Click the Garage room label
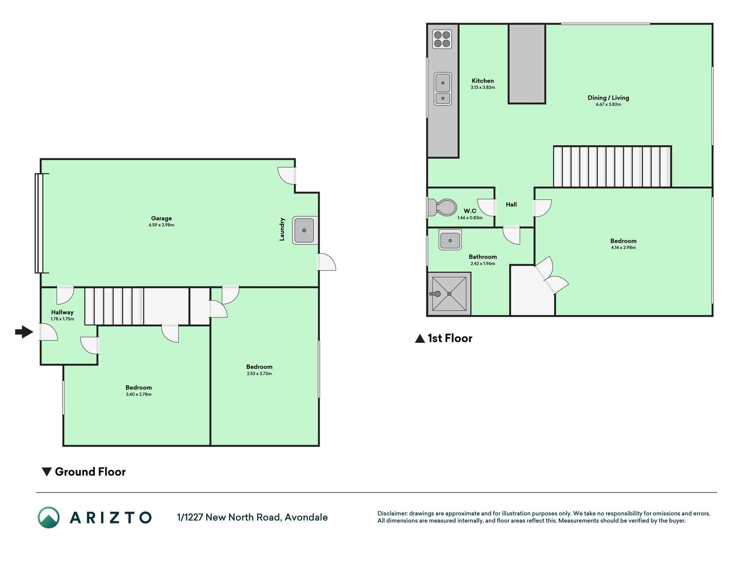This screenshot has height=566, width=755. (161, 218)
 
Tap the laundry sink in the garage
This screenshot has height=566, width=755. (305, 230)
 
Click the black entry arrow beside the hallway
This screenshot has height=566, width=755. (24, 332)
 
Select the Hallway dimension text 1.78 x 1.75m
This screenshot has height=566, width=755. (62, 319)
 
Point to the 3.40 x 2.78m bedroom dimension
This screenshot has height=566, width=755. (138, 394)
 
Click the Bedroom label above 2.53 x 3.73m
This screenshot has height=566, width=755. (259, 367)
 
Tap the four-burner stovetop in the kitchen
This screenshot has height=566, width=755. (442, 39)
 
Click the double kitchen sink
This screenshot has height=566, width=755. (443, 89)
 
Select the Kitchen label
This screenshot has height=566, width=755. (483, 80)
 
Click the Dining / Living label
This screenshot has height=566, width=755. (608, 98)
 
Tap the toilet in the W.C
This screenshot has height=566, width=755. (442, 207)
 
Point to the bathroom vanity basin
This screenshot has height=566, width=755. (450, 240)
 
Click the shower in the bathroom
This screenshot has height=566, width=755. (449, 294)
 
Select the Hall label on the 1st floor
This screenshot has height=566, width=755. (511, 204)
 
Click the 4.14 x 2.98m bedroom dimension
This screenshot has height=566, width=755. (623, 248)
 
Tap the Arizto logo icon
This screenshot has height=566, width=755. (49, 517)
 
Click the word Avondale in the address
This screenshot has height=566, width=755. (306, 517)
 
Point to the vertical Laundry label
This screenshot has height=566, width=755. (282, 229)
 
